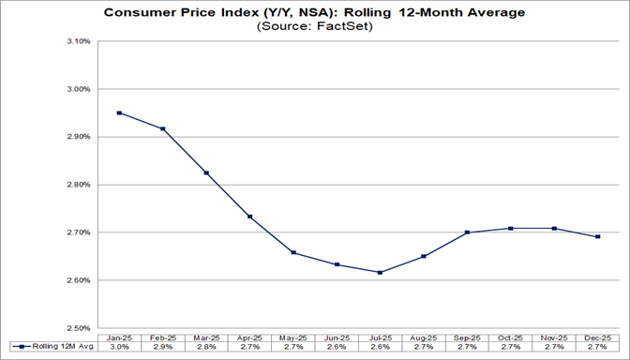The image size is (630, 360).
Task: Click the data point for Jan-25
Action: tap(119, 113)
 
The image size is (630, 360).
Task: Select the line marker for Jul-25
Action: tap(380, 273)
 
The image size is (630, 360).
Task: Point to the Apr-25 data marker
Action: tap(249, 217)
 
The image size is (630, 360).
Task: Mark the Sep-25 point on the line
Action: tap(468, 232)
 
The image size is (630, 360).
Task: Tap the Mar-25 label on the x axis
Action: tap(206, 337)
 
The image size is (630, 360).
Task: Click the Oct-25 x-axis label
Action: tap(511, 337)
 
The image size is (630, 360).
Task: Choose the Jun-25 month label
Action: tap(337, 337)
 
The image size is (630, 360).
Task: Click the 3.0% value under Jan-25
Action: tap(119, 348)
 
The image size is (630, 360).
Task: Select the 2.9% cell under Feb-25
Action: tap(162, 348)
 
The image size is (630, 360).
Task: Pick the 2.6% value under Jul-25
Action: tap(380, 348)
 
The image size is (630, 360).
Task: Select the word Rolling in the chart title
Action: tap(377, 12)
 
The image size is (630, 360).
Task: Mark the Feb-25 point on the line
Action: tap(162, 128)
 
